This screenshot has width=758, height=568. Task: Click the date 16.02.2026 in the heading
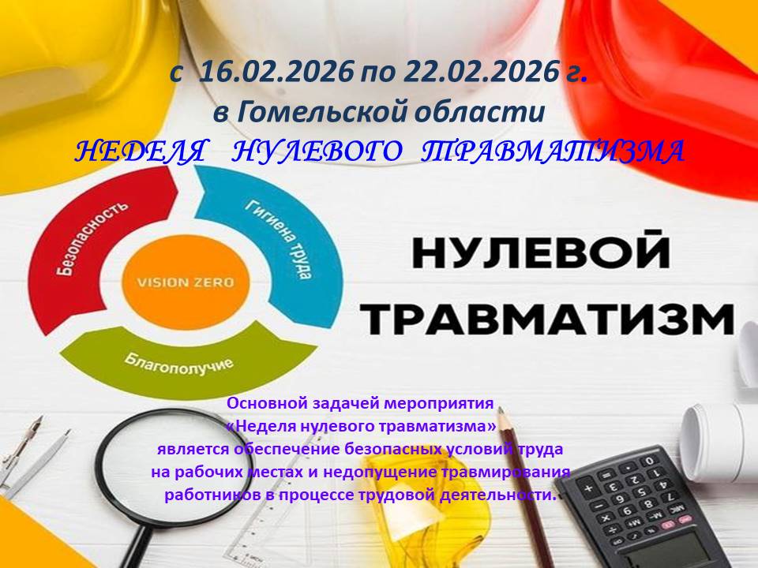(276, 73)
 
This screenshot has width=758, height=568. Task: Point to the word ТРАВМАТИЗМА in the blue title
(552, 151)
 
